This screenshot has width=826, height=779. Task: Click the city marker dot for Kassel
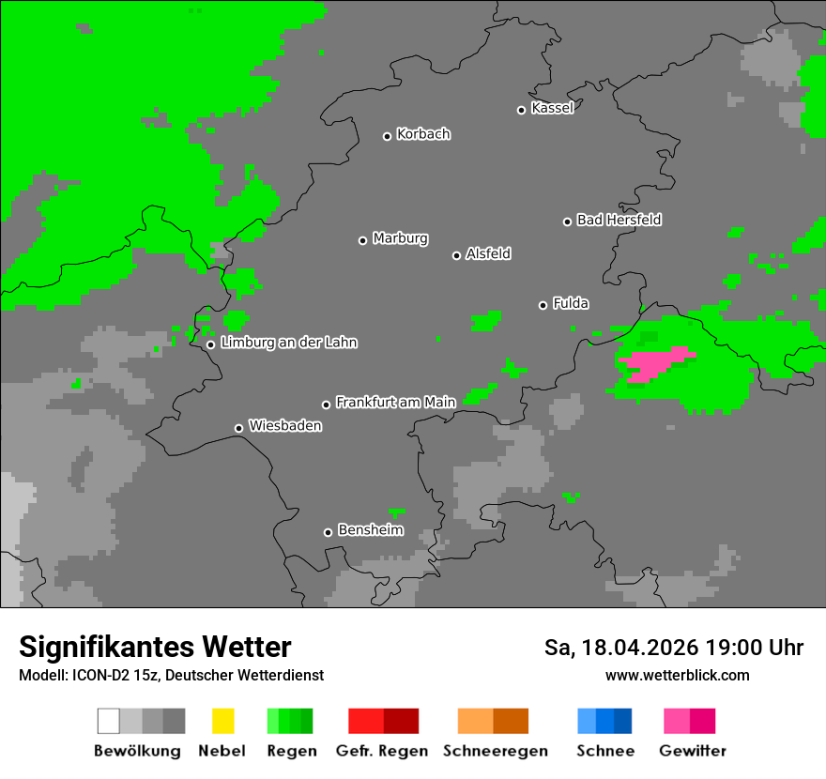click(522, 110)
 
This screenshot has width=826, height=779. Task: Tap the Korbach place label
click(423, 134)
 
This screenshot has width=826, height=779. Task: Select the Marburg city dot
click(362, 240)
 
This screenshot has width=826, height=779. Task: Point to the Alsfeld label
click(488, 253)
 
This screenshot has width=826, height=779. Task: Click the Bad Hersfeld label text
click(619, 220)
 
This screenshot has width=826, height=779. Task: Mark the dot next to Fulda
click(543, 305)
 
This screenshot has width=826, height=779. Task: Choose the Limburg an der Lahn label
click(288, 343)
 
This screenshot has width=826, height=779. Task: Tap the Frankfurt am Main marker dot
click(327, 405)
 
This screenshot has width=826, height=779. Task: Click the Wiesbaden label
click(284, 426)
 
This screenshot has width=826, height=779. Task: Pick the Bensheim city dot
click(328, 532)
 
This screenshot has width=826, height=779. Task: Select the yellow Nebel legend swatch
click(222, 721)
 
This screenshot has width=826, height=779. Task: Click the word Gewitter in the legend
click(692, 751)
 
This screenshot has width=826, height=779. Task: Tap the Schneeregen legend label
click(495, 751)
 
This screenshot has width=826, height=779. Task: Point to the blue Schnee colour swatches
click(604, 721)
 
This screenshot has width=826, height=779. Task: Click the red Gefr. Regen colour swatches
click(383, 721)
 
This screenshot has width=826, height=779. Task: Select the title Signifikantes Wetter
click(155, 648)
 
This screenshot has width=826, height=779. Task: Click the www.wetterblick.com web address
click(677, 675)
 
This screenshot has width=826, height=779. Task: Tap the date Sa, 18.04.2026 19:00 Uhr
click(673, 648)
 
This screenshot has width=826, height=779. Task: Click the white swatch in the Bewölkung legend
click(109, 721)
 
